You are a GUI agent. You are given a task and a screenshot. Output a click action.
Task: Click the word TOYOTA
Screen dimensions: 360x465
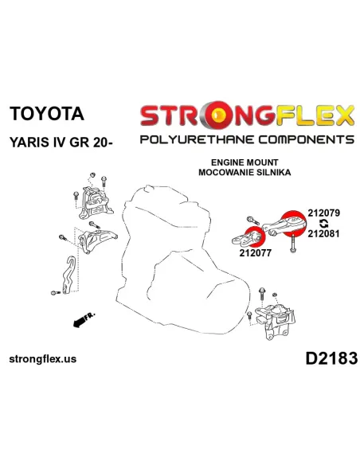(47, 114)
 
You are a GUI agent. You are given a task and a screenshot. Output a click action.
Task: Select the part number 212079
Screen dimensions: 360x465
(324, 213)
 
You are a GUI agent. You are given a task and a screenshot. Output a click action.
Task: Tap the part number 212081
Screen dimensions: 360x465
(323, 233)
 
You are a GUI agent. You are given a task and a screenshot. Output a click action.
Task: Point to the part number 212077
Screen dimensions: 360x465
(256, 253)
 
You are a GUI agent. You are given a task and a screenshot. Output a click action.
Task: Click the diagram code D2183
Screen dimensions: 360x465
(331, 358)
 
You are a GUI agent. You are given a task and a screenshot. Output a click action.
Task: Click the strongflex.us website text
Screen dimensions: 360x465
(43, 359)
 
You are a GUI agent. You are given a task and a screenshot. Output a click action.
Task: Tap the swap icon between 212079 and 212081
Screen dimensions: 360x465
(324, 223)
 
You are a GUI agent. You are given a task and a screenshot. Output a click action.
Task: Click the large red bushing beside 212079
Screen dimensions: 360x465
(294, 224)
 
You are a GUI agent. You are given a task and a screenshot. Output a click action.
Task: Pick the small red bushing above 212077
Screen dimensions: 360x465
(256, 236)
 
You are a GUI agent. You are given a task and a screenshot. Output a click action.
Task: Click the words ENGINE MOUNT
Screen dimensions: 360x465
(245, 162)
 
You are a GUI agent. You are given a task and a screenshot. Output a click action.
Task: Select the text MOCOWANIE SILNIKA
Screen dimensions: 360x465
(245, 172)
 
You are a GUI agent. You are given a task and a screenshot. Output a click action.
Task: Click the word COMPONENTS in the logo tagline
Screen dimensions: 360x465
(307, 139)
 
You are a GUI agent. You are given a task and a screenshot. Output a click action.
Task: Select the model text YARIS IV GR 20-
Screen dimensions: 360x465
(61, 143)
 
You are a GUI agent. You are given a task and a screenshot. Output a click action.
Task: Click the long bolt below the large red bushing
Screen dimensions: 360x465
(292, 243)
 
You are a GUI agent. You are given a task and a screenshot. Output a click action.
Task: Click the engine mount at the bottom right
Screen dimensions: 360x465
(275, 321)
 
